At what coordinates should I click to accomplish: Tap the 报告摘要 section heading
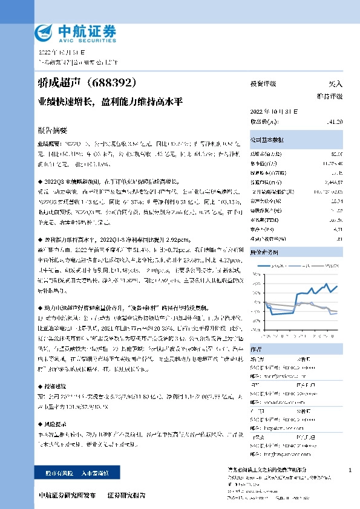click(x=52, y=129)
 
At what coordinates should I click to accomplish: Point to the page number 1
click(x=350, y=470)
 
